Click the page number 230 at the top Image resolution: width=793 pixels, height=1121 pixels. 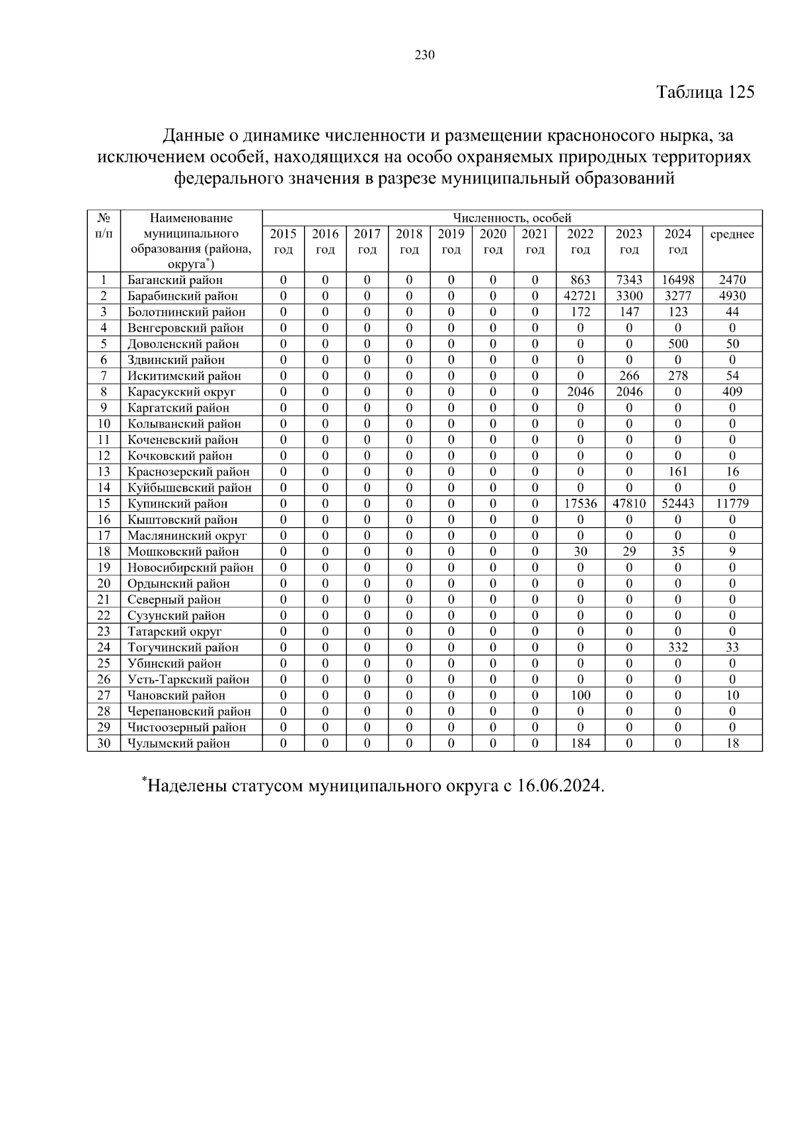pos(424,55)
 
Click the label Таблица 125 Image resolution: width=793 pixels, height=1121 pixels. pos(704,92)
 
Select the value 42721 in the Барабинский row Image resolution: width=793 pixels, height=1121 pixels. pos(580,296)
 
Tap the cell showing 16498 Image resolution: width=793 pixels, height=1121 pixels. pos(678,280)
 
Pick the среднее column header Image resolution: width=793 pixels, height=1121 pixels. pos(732,235)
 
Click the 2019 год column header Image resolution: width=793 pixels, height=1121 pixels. pos(451,241)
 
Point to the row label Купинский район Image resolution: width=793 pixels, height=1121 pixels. pos(177,504)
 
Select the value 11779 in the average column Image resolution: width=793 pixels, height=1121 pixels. pos(732,504)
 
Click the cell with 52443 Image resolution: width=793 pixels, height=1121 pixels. pos(678,504)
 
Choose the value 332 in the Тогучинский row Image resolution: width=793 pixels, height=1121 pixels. pos(678,647)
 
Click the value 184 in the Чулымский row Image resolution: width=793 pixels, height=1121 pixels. pos(580,743)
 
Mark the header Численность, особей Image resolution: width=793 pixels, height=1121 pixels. pos(511,218)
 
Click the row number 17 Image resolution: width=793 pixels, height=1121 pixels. pos(104,536)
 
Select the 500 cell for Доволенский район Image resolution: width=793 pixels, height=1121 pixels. pos(678,344)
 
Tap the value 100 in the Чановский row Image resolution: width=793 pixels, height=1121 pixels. pos(580,696)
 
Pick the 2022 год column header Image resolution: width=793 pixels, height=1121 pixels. pos(580,241)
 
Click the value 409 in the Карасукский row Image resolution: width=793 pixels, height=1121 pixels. pos(732,392)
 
